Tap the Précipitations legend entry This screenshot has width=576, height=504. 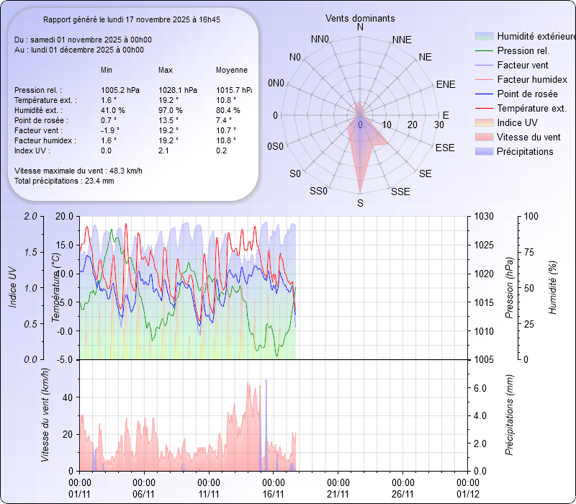(x=525, y=151)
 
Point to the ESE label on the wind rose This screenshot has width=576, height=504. (x=445, y=148)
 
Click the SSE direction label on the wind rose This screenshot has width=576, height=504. (x=400, y=192)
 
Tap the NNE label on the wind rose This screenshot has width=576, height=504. (x=402, y=40)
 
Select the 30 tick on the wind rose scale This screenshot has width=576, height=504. (x=438, y=125)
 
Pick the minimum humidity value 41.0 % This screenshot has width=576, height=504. (x=113, y=110)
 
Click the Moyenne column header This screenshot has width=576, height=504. (x=232, y=71)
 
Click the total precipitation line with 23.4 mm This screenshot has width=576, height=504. (x=64, y=181)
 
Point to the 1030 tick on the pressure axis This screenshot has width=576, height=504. (x=485, y=216)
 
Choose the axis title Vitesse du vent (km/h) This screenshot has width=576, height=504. (x=46, y=414)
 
